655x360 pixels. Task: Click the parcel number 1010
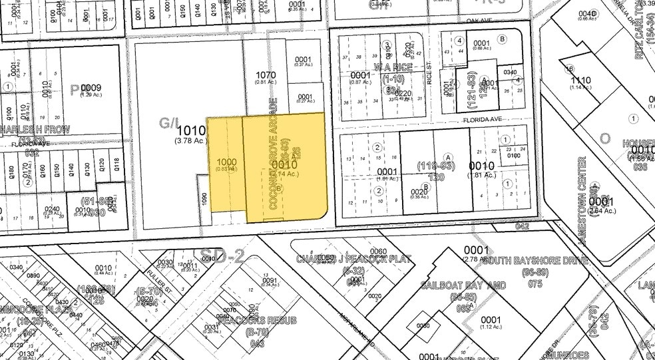[x=186, y=132]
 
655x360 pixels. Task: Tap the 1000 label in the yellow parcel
[x=226, y=162]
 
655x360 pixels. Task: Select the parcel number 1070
[x=265, y=75]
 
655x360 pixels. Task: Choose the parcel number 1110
[x=581, y=79]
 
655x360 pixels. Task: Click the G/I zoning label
[x=166, y=122]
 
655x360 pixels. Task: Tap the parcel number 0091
[x=269, y=280]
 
